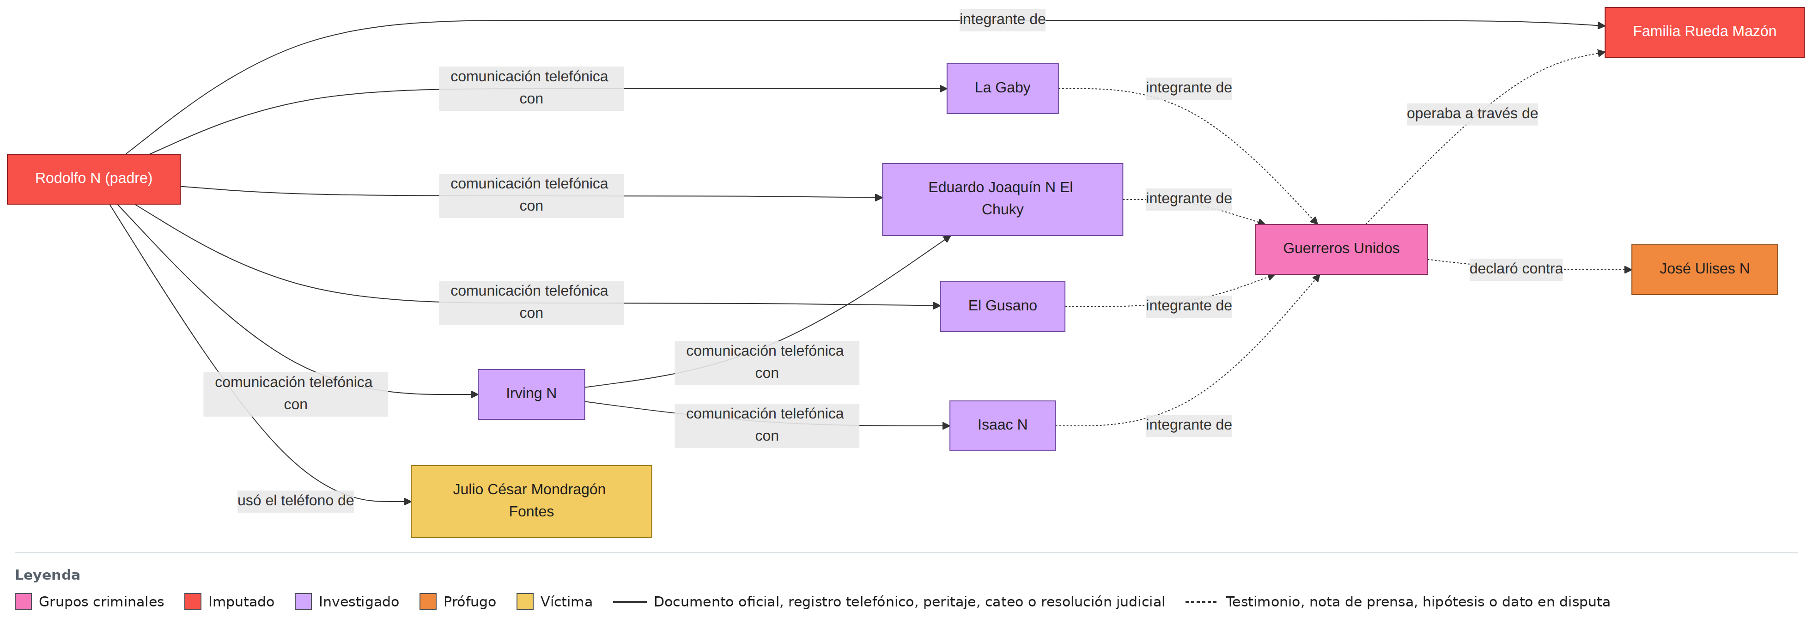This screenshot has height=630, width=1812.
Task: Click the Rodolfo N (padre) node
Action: click(93, 179)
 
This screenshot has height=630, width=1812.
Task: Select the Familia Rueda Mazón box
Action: click(1704, 32)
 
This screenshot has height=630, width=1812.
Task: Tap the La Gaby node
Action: click(1003, 89)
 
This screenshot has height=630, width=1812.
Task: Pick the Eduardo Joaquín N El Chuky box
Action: click(1003, 199)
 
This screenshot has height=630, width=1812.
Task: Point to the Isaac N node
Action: click(1003, 425)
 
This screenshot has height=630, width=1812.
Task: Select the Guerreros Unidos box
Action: click(1341, 249)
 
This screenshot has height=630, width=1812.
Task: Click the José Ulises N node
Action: click(1704, 269)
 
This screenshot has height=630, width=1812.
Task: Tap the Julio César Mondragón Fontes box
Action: click(531, 501)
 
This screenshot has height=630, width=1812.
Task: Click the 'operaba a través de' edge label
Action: click(1471, 114)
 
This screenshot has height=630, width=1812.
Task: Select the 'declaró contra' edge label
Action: click(1516, 269)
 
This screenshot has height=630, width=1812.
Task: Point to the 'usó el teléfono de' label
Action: click(295, 501)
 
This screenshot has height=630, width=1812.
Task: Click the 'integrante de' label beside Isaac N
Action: click(1189, 425)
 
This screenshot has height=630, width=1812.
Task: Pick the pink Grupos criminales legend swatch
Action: click(23, 602)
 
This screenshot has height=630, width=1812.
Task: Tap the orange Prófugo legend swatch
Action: click(428, 602)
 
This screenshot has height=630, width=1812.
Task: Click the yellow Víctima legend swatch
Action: click(525, 602)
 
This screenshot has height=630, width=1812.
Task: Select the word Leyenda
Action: click(47, 575)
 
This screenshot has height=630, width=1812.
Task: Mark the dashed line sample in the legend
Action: click(1201, 602)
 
